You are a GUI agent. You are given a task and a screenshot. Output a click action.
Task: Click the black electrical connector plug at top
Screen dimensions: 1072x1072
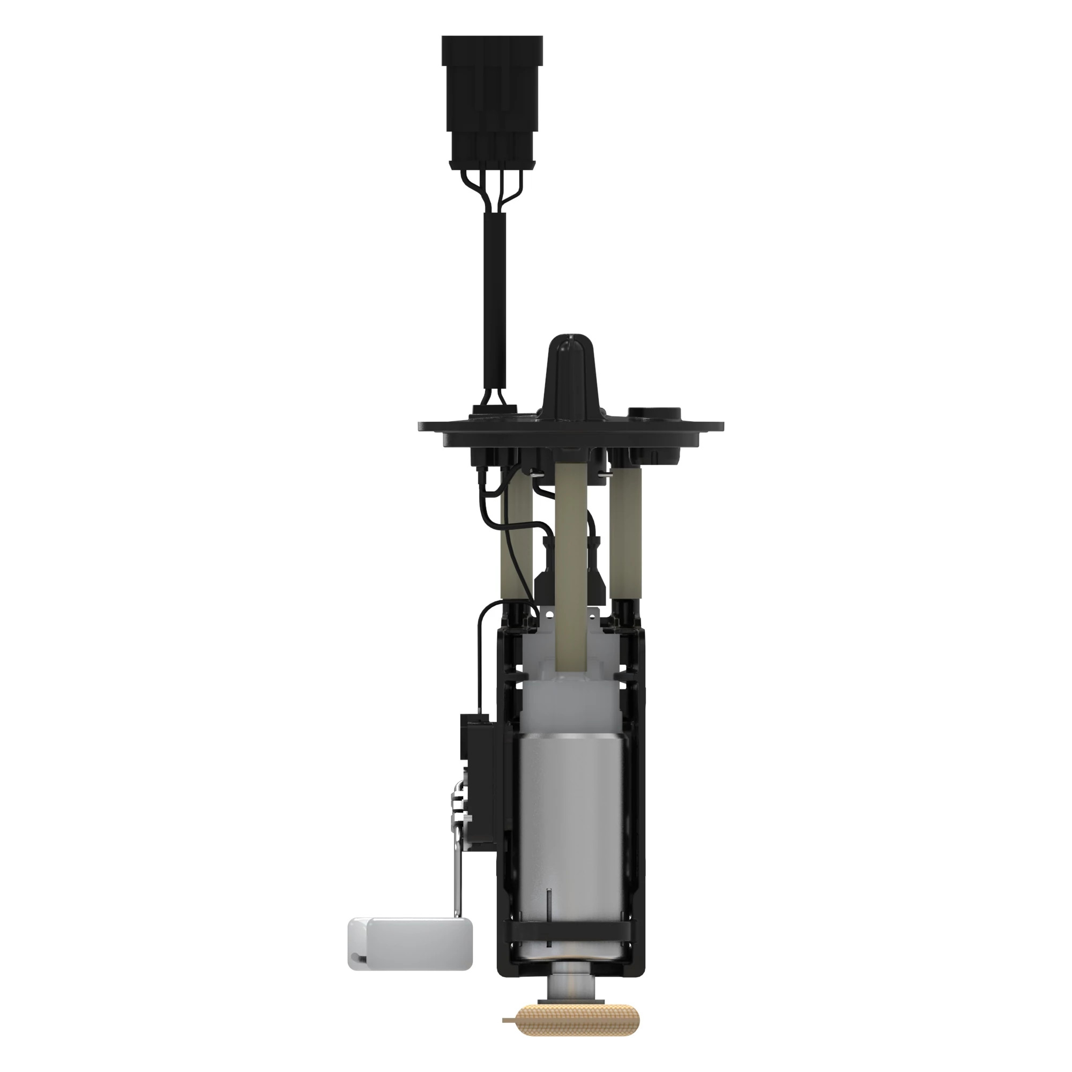click(x=492, y=100)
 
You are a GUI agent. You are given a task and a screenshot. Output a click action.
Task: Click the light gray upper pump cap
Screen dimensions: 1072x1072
click(x=571, y=699)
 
